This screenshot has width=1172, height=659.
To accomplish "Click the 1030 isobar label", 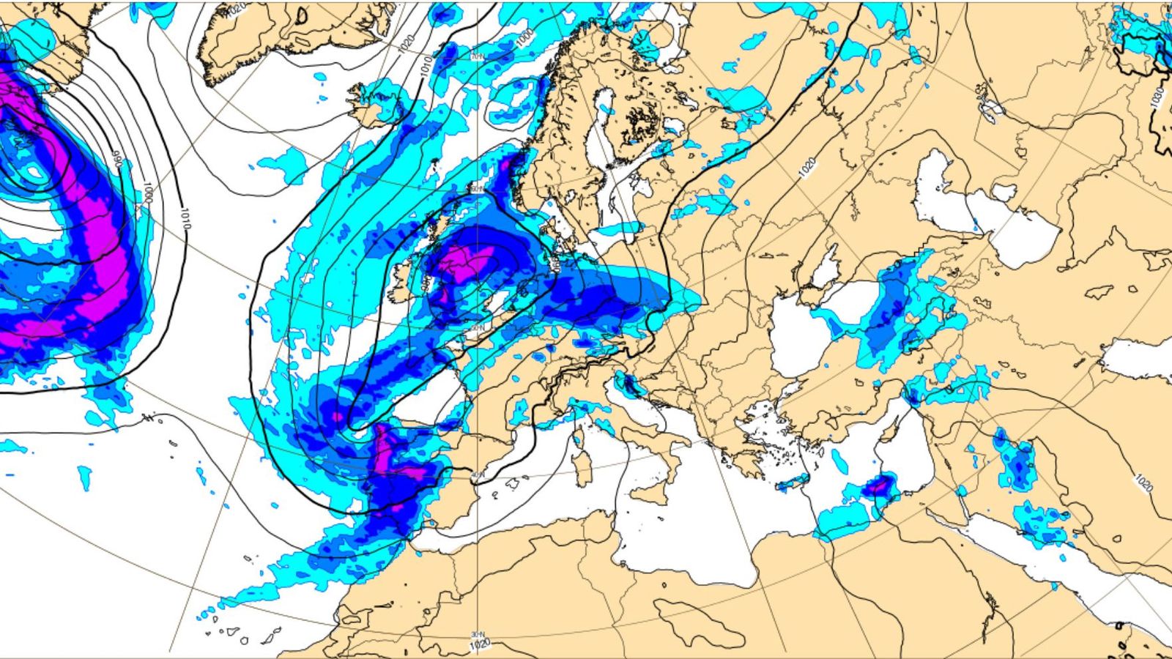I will point(1156,97).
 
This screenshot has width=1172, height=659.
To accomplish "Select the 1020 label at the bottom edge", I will point(479,644).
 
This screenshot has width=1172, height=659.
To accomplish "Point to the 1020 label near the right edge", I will point(1143,483).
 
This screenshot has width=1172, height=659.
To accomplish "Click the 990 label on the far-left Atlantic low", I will point(116,157).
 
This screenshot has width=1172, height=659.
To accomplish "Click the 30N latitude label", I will point(477,634).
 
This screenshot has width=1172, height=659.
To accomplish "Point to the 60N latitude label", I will point(478,189).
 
